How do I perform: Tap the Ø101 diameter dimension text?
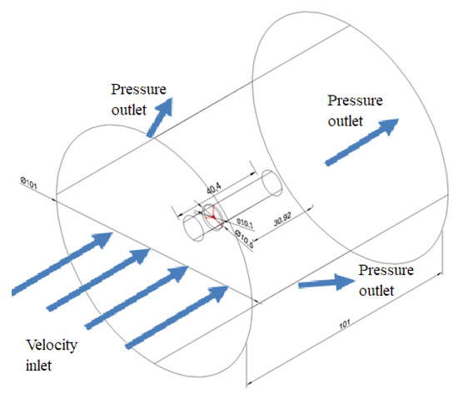(25, 180)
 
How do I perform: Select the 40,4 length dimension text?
(222, 186)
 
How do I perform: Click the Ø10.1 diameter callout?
(244, 223)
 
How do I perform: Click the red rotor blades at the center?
(213, 215)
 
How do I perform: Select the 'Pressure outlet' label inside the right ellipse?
(356, 108)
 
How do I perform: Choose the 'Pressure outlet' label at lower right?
(386, 280)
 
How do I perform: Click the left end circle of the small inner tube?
(191, 228)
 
